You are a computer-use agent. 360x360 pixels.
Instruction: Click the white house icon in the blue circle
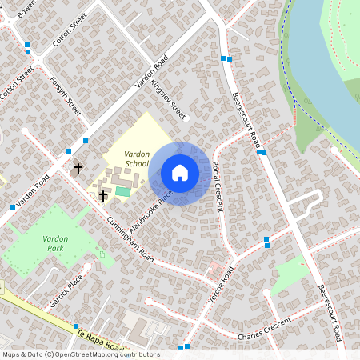180,173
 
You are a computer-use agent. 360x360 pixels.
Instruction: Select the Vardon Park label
56,244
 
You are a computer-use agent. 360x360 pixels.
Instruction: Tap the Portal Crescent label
218,186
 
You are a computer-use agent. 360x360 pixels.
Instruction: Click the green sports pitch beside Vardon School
122,191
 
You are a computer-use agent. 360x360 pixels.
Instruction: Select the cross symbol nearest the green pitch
102,195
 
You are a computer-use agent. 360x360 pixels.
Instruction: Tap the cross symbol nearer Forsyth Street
78,168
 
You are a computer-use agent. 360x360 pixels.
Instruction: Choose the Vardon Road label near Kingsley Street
152,73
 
